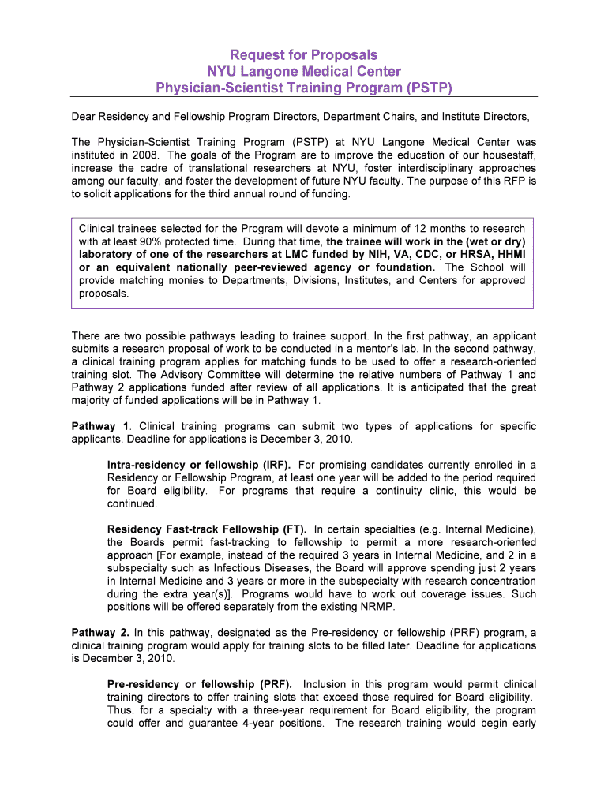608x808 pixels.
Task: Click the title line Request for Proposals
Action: [304, 55]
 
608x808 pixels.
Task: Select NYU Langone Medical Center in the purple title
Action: [304, 71]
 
